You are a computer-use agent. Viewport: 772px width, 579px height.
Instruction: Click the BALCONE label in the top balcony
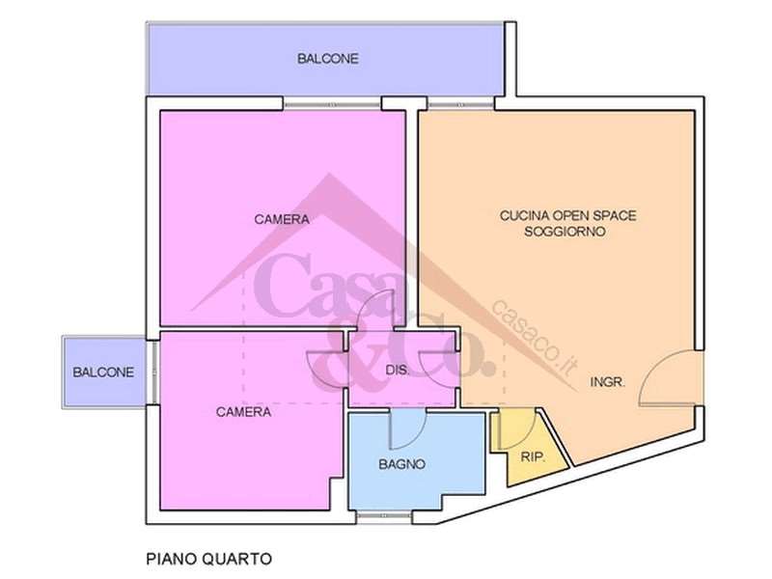(x=327, y=59)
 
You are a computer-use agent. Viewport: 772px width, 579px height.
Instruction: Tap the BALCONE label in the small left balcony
(x=103, y=372)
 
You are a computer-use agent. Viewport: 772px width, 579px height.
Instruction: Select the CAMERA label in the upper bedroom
(x=282, y=219)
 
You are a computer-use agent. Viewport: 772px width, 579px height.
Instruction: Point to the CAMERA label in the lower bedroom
(x=243, y=412)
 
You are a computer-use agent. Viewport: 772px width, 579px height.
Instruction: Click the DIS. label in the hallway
(x=398, y=371)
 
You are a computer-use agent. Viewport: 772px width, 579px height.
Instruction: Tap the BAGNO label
(x=401, y=464)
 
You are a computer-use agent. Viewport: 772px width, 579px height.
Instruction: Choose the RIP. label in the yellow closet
(x=533, y=456)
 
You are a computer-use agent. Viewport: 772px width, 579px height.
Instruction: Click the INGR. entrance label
(x=608, y=381)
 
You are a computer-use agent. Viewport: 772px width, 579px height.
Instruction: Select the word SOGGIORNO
(x=565, y=232)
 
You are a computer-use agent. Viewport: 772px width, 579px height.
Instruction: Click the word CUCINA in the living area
(x=524, y=215)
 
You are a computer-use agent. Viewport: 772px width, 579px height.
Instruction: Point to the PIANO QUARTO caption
(x=209, y=559)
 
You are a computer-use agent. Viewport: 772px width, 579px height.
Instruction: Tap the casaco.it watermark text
(x=535, y=337)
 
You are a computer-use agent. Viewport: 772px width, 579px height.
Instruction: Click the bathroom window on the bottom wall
(x=383, y=516)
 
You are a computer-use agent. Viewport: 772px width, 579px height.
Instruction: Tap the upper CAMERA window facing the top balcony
(x=332, y=105)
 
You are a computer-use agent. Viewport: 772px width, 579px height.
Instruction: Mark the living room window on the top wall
(x=460, y=105)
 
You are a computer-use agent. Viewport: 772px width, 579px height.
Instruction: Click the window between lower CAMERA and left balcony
(x=153, y=372)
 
